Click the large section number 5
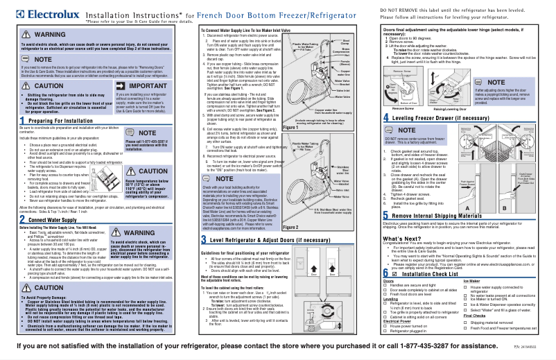[x=385, y=237]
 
